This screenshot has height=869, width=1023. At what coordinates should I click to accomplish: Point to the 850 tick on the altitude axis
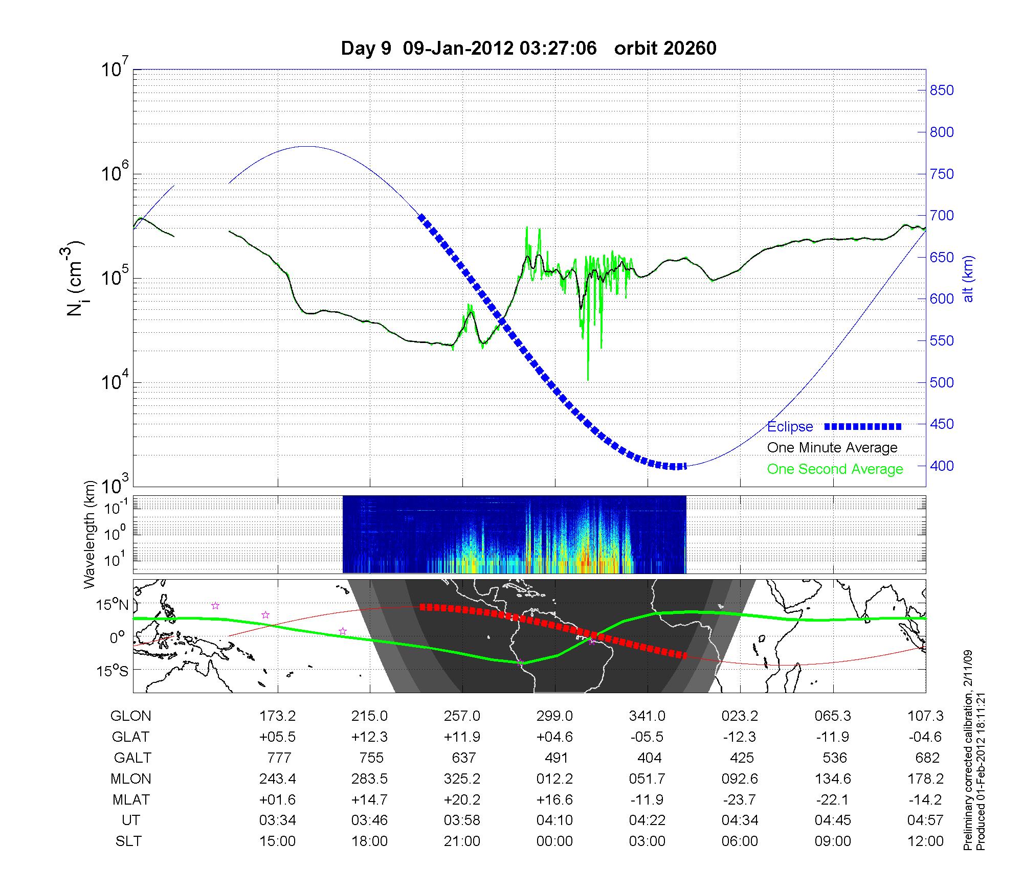942,90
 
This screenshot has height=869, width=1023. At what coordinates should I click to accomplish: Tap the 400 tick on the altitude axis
942,466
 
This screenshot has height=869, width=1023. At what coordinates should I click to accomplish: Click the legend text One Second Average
835,469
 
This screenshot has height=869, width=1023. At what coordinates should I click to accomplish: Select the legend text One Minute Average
832,448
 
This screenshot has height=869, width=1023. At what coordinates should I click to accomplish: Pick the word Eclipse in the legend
790,427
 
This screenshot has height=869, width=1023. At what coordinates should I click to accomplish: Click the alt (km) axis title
969,279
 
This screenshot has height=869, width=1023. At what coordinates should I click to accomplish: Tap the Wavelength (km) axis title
90,534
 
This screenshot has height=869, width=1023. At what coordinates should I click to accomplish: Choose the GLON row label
131,716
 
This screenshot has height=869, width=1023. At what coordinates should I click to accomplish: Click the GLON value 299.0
554,716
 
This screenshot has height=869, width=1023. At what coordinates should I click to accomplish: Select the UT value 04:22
647,820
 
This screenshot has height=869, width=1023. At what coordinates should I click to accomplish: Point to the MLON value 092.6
740,779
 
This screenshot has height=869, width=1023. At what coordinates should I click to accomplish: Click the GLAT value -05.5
647,737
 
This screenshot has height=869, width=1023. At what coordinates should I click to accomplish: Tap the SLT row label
128,841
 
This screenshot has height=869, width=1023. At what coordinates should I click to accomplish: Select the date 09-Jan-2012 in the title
458,48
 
